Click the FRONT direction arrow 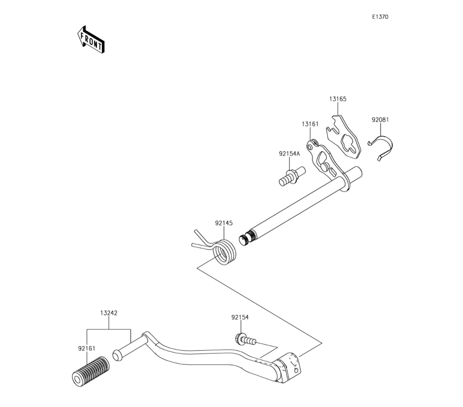(90, 39)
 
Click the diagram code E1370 (380, 17)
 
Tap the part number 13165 (338, 99)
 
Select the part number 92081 (380, 119)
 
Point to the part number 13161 (310, 124)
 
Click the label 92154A (289, 153)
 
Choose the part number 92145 (224, 223)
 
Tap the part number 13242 (109, 313)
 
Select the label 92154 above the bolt (240, 318)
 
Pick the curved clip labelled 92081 (384, 146)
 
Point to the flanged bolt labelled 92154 (244, 340)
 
